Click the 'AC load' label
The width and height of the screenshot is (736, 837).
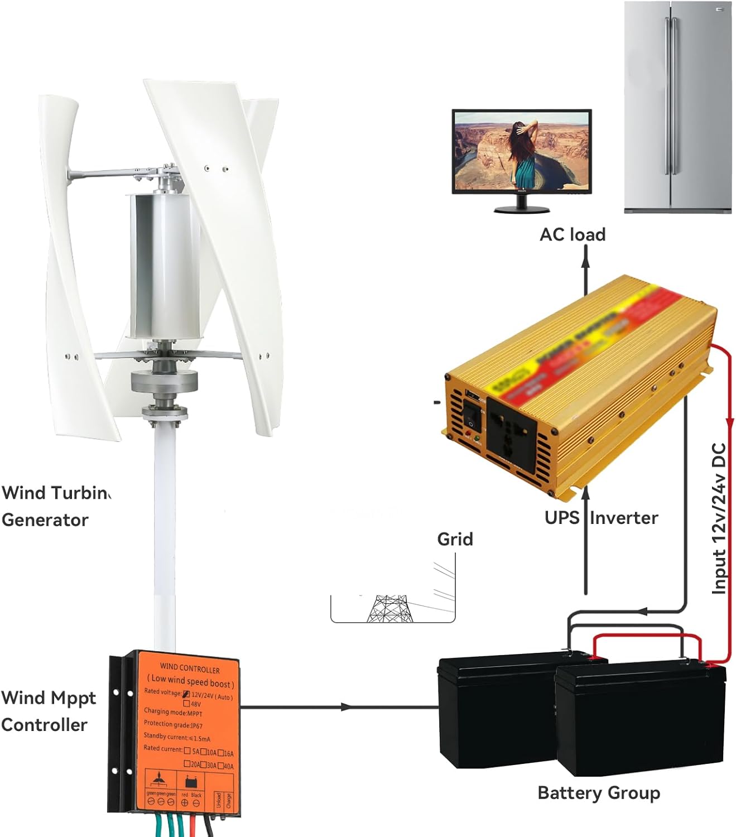point(572,234)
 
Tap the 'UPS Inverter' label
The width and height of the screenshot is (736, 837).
point(601,517)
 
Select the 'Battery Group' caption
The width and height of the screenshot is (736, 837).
point(598,792)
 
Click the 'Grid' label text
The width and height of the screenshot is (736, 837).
point(455,539)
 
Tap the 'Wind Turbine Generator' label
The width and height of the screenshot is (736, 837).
point(55,506)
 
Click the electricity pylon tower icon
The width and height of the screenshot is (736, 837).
point(390,609)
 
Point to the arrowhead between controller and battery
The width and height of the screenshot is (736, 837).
point(346,707)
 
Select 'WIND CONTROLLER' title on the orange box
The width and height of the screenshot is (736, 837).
point(190,668)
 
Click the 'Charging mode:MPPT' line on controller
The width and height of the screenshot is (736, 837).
point(173,712)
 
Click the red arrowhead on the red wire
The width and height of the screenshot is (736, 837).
point(729,422)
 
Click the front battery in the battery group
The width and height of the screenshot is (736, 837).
point(641,720)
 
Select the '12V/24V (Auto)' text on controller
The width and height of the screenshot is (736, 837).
point(211,696)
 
